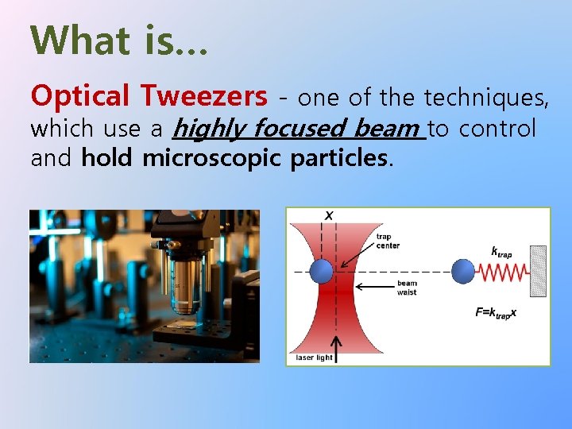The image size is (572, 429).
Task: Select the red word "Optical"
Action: click(79, 96)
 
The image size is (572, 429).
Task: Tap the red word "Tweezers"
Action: click(204, 96)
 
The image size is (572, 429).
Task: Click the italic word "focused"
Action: click(300, 128)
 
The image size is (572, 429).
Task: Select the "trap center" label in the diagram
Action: click(388, 241)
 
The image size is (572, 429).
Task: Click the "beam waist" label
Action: click(407, 288)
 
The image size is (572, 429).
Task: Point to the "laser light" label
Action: click(315, 357)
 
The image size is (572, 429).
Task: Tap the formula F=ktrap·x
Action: click(496, 312)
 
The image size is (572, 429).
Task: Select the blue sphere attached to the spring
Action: click(463, 272)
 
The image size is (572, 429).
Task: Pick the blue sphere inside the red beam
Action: click(322, 272)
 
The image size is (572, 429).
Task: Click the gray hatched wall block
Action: click(538, 271)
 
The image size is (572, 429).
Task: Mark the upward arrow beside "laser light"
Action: click(336, 346)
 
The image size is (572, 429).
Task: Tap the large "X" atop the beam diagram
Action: click(329, 216)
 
